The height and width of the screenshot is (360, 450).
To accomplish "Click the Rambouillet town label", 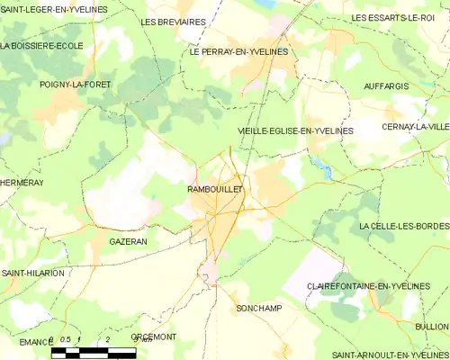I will [215, 190].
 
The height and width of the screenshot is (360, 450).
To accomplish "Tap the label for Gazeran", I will [128, 242].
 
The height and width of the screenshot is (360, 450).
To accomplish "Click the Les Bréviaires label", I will [174, 21].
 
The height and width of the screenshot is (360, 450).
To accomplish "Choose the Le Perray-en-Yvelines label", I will [238, 52].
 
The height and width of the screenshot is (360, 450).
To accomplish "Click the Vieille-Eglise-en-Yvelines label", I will [295, 131].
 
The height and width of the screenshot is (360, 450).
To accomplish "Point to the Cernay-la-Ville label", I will [415, 127].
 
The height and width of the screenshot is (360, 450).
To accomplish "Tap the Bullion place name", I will [432, 326].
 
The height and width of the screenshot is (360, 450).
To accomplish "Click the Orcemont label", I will [154, 337].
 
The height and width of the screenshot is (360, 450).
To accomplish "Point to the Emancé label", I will [35, 342].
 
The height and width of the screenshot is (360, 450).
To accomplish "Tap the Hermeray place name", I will [22, 182].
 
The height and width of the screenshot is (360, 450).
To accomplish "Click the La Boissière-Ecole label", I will [41, 45].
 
